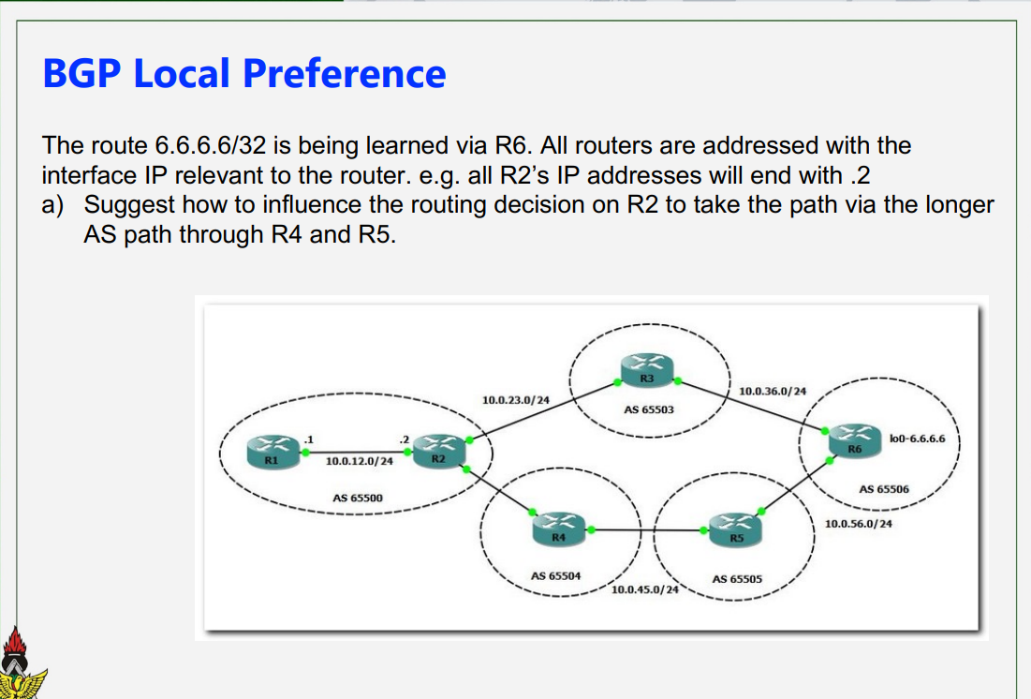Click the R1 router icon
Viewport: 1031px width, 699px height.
point(272,451)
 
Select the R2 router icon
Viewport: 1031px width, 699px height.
point(437,449)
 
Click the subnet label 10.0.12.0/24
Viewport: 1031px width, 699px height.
point(360,461)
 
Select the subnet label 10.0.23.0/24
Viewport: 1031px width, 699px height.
point(515,400)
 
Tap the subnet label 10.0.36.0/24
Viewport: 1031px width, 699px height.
point(773,391)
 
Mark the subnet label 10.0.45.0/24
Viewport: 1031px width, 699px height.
point(645,590)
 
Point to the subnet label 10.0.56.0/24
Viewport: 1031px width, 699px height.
point(858,524)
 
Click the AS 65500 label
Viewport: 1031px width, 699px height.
point(358,498)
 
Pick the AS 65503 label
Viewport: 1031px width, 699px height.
point(649,409)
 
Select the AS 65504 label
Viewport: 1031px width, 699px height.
point(556,575)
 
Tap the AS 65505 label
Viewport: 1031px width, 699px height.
point(737,579)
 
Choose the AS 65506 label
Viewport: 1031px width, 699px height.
point(883,489)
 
